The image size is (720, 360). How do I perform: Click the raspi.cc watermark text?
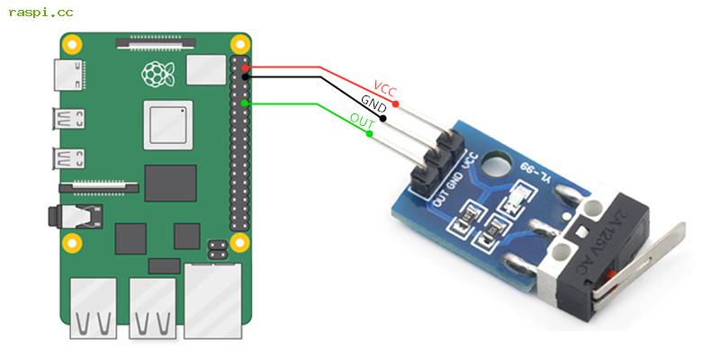coord(40,13)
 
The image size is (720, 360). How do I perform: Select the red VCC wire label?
coord(385,90)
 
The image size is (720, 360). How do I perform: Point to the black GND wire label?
coord(373,103)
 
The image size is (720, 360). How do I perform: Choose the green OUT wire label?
coord(362,121)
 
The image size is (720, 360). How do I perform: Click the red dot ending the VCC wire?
coord(396,105)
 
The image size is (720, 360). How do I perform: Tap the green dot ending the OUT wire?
coord(370,134)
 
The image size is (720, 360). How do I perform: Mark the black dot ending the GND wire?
coord(383,119)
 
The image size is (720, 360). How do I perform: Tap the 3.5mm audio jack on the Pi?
coord(74,216)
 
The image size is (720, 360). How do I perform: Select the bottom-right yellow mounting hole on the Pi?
coord(239,242)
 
